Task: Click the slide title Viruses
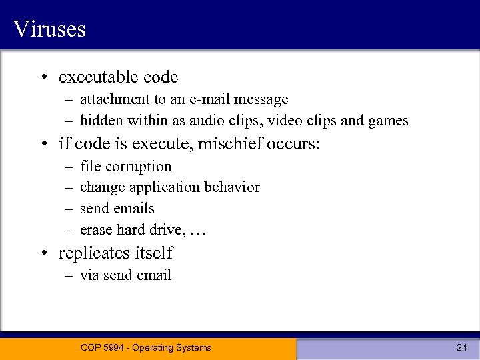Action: [49, 29]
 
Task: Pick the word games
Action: [389, 121]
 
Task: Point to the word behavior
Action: [231, 187]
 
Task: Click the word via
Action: [89, 275]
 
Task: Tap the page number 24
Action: [461, 347]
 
